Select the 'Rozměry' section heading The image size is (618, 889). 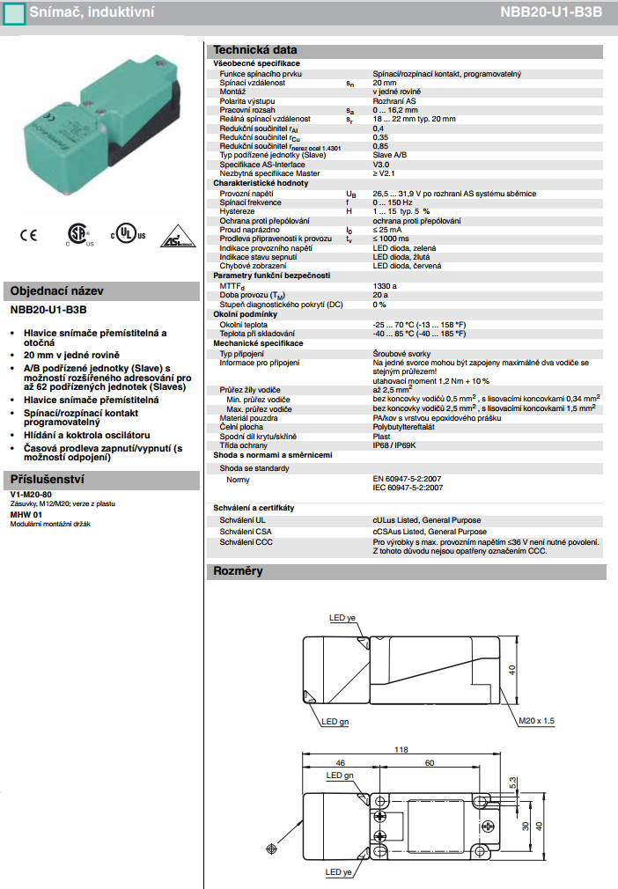(x=239, y=572)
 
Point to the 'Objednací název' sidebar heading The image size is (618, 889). (x=56, y=291)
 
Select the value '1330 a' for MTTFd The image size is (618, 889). (x=386, y=286)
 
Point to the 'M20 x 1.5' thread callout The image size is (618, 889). (x=538, y=720)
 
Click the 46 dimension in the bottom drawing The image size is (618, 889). (x=339, y=762)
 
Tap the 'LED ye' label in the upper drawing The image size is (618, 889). (x=342, y=618)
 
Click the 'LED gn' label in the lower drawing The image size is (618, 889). (x=339, y=775)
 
